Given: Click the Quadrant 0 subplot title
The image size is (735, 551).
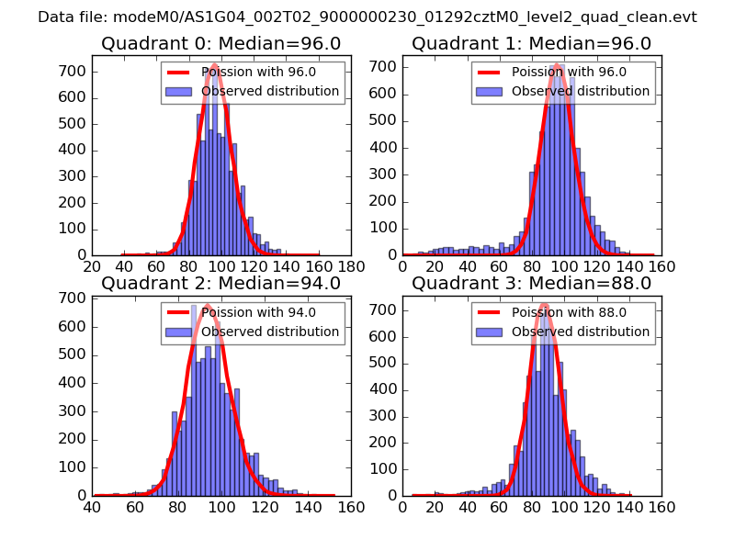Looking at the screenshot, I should click(x=220, y=43).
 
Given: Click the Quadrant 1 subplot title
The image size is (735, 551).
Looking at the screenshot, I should click(x=531, y=43).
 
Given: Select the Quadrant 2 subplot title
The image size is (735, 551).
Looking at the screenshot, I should click(x=220, y=283).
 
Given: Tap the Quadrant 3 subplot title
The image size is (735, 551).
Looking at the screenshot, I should click(x=531, y=283).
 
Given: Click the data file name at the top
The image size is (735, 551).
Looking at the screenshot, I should click(x=367, y=17).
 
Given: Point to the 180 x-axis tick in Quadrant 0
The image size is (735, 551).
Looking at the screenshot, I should click(x=351, y=266).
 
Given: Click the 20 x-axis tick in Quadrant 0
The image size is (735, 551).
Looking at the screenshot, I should click(x=92, y=266).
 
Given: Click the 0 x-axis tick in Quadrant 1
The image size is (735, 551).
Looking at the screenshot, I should click(x=402, y=266).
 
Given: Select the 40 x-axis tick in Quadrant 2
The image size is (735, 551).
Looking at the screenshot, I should click(x=92, y=506).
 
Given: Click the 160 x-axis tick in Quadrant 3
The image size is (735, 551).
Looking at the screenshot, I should click(x=661, y=506).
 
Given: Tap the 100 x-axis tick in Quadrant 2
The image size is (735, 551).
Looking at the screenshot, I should click(x=221, y=506).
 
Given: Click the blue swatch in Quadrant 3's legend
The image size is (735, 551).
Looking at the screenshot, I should click(x=488, y=332).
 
